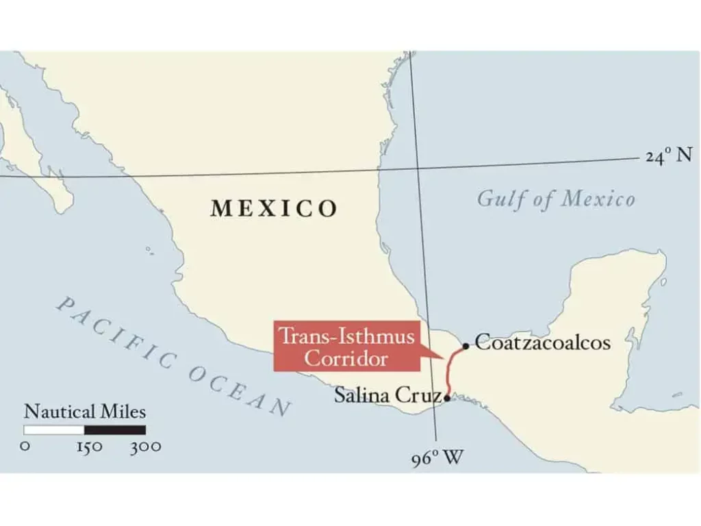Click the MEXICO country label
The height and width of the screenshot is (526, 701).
click(x=274, y=208)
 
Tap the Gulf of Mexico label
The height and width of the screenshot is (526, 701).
click(x=556, y=199)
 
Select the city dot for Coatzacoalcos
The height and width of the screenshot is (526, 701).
click(x=466, y=346)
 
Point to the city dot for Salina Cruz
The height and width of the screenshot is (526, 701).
click(x=447, y=397)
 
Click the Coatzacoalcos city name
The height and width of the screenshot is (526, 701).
click(x=542, y=342)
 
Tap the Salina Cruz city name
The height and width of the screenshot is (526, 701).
click(x=387, y=395)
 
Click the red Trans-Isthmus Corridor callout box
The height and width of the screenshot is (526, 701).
click(x=346, y=346)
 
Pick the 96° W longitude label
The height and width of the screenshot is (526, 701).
click(x=437, y=458)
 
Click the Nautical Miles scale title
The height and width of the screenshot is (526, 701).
click(x=85, y=412)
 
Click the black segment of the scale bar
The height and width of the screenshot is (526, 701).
click(x=115, y=430)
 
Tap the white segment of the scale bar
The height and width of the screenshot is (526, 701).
click(x=54, y=430)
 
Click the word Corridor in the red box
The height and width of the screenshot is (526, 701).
click(x=346, y=358)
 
